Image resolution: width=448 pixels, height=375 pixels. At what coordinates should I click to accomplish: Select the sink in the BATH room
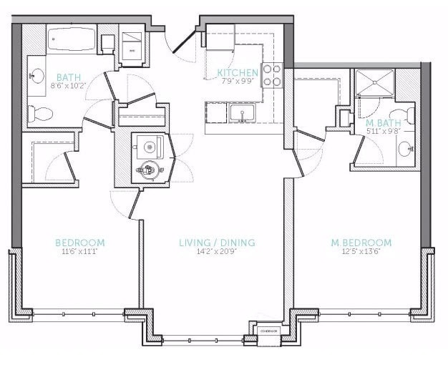[36, 74]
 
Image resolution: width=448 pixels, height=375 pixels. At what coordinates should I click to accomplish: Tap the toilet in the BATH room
[39, 112]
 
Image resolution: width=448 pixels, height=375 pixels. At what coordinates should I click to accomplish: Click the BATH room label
[69, 77]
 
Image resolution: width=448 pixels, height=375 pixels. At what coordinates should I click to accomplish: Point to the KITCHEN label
[237, 73]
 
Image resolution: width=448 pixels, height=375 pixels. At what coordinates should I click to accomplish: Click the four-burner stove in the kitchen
[271, 74]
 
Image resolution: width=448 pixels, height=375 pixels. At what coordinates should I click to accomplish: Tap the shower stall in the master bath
[372, 84]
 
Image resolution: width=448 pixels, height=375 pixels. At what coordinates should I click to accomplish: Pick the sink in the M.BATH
[406, 150]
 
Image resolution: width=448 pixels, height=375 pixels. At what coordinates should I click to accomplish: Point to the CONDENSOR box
[268, 331]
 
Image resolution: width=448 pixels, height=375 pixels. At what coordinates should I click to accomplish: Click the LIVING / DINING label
[217, 243]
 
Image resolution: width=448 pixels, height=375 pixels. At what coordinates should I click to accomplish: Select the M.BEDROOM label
[361, 243]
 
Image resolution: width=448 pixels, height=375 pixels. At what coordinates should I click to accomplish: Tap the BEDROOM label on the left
[80, 243]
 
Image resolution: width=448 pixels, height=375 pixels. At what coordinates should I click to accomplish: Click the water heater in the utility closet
[150, 170]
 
